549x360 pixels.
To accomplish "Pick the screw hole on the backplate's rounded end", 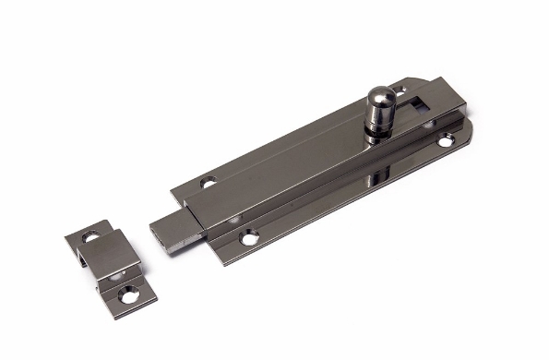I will (447, 141).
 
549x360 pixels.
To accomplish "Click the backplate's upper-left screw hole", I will (209, 182).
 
